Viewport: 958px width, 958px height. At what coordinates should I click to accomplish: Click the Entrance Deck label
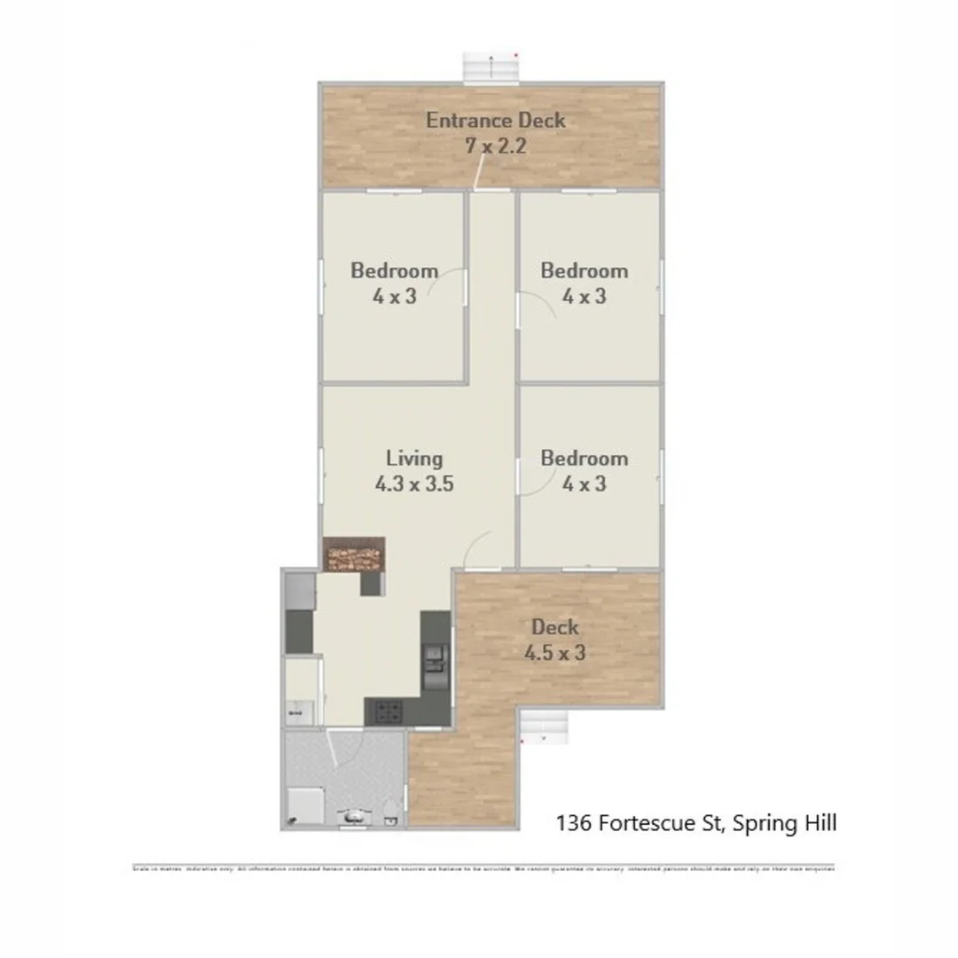coord(495,120)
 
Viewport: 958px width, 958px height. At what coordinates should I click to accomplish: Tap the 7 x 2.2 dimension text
coord(495,145)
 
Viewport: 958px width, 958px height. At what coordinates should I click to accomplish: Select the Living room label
coord(414,459)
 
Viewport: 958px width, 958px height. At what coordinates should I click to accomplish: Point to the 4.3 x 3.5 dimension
coord(414,484)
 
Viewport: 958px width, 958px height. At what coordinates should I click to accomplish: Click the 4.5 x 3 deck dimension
coord(554,653)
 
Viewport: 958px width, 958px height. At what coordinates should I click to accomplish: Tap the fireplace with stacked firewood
coord(354,557)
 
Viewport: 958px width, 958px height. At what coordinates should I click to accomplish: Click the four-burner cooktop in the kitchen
coord(387,711)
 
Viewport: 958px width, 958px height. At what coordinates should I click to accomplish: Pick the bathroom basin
coord(354,816)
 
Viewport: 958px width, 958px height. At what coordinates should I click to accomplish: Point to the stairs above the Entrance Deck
coord(491,67)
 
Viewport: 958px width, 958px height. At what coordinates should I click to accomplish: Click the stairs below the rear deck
coord(543,726)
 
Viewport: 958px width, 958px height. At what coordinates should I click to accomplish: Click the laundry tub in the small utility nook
coord(299,711)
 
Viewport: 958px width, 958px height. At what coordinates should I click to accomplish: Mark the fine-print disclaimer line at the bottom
coord(483,868)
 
